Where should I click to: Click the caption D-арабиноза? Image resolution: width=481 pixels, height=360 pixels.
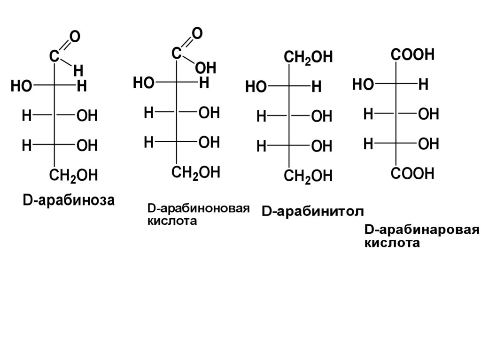coord(68,200)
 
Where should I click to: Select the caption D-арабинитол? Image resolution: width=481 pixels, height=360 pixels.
coord(312,212)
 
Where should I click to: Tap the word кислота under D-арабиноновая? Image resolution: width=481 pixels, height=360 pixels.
coord(172,221)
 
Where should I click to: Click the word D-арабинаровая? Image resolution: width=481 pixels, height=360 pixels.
coord(422,230)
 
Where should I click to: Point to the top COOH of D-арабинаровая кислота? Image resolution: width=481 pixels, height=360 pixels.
coord(412,55)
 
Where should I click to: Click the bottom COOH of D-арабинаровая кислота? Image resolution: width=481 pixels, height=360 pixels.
coord(412,174)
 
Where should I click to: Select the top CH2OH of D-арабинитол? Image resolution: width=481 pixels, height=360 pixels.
coord(308,58)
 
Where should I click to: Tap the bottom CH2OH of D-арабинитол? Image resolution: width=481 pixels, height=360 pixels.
coord(308,177)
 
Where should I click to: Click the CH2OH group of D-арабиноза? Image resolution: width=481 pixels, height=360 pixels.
coord(73,176)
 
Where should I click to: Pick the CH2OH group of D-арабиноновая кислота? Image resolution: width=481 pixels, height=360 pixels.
coord(195,173)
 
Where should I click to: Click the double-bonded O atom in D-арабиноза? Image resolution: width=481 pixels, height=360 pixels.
coord(74,37)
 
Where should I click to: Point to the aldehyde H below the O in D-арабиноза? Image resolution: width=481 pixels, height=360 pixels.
coord(78,70)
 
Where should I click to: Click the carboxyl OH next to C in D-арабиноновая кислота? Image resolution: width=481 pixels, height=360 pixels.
coord(205,69)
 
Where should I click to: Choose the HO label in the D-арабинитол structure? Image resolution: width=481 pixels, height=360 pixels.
coord(256,87)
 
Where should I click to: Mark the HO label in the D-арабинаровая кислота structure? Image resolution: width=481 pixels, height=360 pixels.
coord(363,84)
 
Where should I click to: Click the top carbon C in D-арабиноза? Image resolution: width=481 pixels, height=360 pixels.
coord(54,56)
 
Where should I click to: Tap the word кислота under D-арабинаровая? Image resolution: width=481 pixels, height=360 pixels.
coord(391,244)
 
